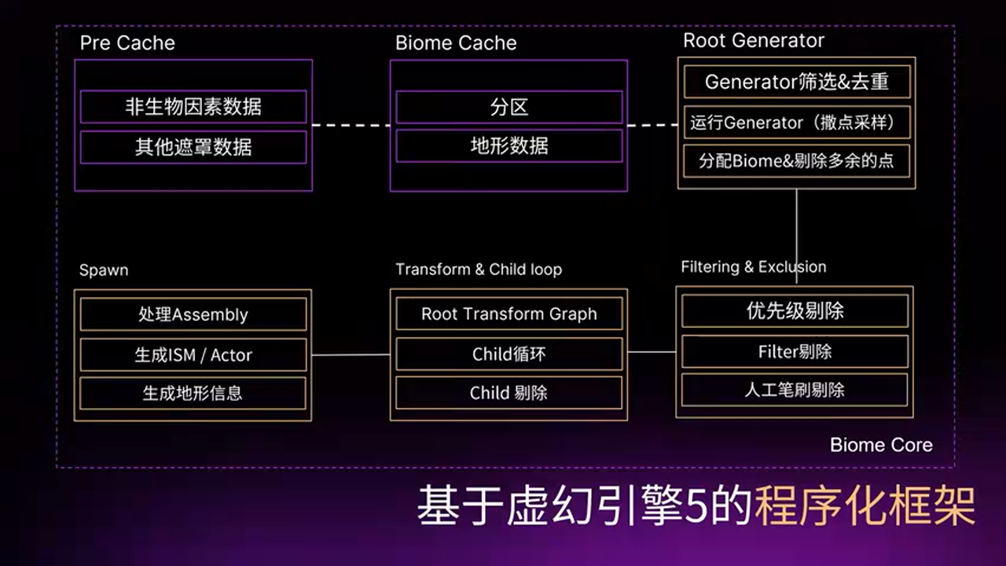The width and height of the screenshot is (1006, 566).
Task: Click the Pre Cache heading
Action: (x=127, y=43)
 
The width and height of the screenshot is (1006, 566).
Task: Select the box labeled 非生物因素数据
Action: (x=193, y=107)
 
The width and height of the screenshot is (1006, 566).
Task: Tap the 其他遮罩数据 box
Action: (x=193, y=147)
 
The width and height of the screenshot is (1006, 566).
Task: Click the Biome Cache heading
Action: (x=456, y=43)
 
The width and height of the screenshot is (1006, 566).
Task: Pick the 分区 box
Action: (x=509, y=107)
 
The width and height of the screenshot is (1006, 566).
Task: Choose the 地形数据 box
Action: (x=509, y=145)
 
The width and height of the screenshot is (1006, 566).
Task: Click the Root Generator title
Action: (x=754, y=41)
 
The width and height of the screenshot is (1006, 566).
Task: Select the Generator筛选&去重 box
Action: (x=797, y=82)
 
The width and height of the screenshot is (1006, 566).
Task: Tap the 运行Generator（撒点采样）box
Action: (x=797, y=123)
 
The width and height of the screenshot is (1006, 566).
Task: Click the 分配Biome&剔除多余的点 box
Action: (x=797, y=161)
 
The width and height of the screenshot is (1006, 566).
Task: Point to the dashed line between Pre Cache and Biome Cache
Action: (x=351, y=125)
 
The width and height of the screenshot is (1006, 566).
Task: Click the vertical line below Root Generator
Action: (x=797, y=228)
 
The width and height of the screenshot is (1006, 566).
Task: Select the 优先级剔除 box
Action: (x=795, y=311)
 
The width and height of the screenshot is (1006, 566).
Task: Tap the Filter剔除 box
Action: (x=795, y=351)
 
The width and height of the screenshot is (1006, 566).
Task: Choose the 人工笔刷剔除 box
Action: (x=795, y=390)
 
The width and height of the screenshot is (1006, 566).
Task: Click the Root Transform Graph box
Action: (x=509, y=314)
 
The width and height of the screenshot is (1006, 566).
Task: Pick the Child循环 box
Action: (x=509, y=355)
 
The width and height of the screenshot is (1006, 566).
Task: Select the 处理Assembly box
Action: (x=193, y=314)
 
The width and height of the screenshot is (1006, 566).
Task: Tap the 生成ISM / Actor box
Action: (x=193, y=355)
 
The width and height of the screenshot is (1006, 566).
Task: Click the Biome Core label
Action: (x=881, y=445)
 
